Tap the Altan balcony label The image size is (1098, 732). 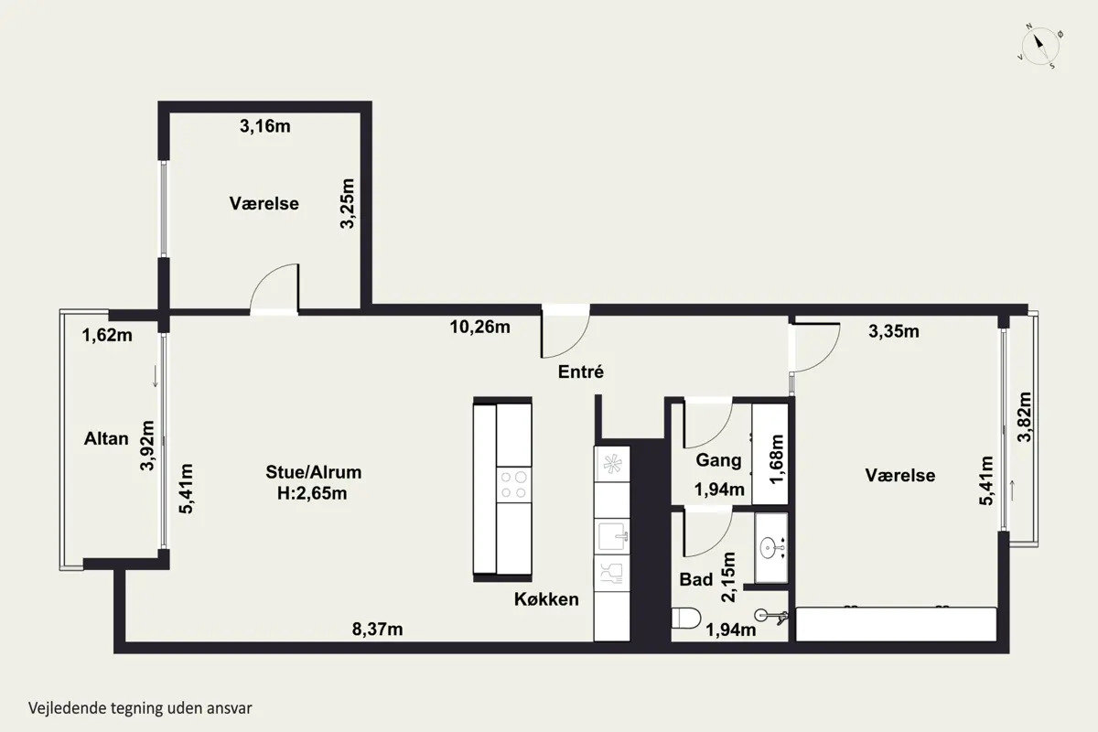point(106,438)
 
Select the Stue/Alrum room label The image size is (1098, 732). point(314,472)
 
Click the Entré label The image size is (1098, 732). point(581,371)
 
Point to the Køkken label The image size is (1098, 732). point(546,599)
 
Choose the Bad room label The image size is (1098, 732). point(696,579)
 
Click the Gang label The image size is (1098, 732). point(718,460)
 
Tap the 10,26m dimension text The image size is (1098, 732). point(479,327)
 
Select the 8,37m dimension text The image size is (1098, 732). point(377,629)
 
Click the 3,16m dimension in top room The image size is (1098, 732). point(264,126)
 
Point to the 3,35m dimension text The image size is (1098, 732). point(894,331)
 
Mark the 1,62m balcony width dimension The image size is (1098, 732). point(107,336)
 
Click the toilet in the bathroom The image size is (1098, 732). point(685,619)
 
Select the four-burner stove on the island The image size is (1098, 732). point(513,484)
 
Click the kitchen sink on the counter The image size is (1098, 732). point(612,536)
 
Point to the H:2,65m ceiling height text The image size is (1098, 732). point(312,493)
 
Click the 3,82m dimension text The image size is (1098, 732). point(1025,417)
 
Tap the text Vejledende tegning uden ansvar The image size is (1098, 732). point(140,708)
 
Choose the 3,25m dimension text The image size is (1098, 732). point(347,203)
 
